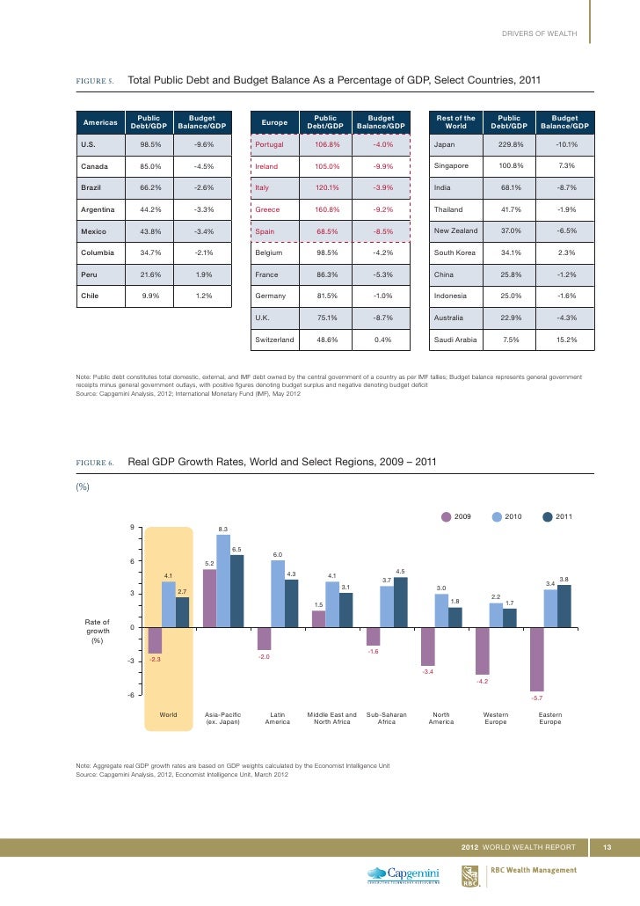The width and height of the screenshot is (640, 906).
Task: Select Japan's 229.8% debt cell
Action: tap(509, 144)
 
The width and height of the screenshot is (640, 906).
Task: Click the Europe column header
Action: tap(275, 122)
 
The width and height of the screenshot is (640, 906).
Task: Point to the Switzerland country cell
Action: tap(275, 339)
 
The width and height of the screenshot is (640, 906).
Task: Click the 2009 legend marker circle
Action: tap(447, 516)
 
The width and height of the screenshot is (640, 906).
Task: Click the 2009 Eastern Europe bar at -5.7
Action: tap(537, 659)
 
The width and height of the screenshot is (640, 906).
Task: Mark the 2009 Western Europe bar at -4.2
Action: tap(482, 651)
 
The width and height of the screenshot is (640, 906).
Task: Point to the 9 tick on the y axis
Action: tap(132, 527)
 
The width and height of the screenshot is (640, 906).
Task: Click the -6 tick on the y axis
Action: tap(130, 695)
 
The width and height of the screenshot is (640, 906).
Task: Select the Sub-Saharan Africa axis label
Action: tap(387, 719)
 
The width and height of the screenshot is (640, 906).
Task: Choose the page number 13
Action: tap(606, 847)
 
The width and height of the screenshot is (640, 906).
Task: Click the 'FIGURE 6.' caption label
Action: tap(96, 462)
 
